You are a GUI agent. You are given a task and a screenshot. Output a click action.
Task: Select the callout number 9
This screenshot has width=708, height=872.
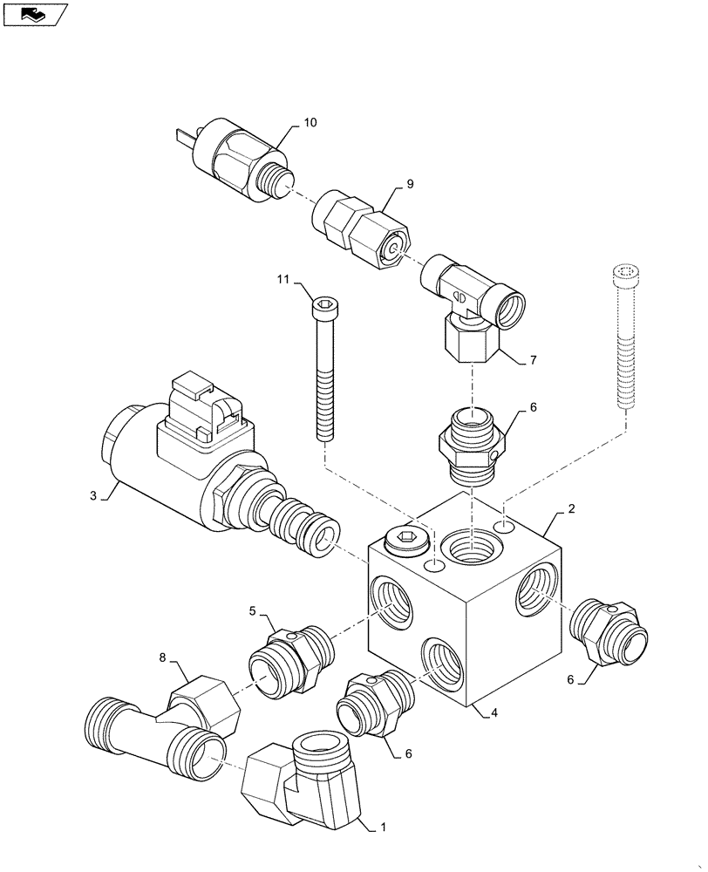tap(410, 185)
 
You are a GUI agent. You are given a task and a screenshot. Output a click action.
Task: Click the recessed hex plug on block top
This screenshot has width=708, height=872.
tap(405, 542)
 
